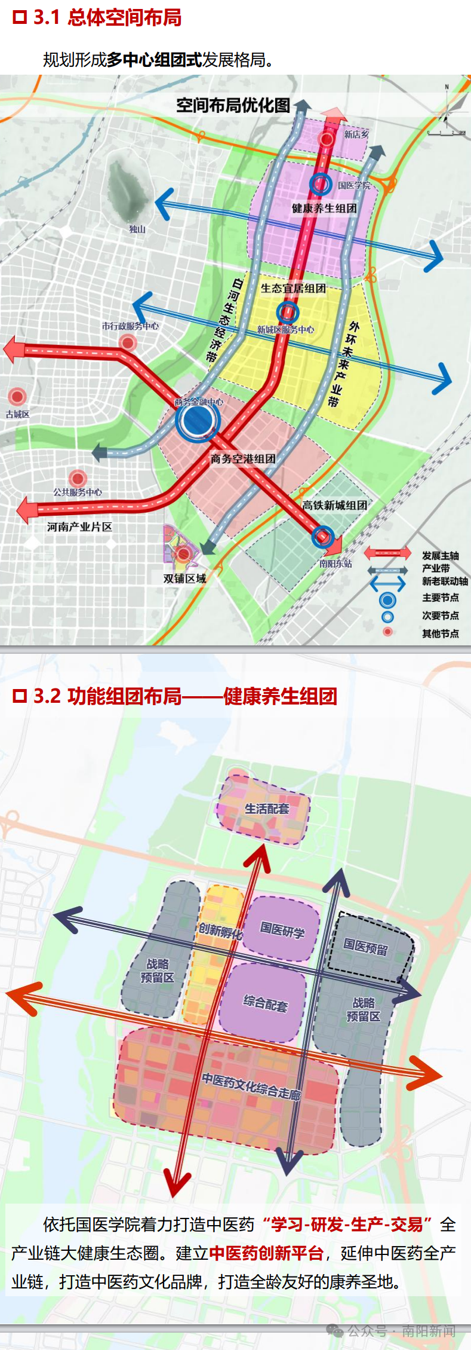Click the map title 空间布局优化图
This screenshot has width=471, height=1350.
tap(233, 106)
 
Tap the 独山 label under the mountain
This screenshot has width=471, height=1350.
tap(137, 229)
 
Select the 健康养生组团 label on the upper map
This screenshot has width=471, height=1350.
tap(324, 209)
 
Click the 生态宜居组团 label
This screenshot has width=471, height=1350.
tap(293, 288)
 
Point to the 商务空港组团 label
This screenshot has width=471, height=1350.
tap(243, 459)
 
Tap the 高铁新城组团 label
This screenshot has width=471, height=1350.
tap(334, 506)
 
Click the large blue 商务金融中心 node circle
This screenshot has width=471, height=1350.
tap(198, 421)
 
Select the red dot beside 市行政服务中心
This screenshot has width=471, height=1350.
tap(128, 343)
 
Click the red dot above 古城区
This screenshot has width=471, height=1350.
tap(17, 396)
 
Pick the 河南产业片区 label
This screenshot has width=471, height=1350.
tap(79, 527)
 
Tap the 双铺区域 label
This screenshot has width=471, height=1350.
tap(184, 578)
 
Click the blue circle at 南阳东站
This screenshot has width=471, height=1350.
tap(323, 536)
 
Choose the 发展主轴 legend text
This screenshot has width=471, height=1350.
tap(441, 556)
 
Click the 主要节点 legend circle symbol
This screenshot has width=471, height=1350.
tap(387, 599)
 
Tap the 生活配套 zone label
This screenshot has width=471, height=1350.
tap(266, 809)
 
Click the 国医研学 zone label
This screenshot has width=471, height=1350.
tap(282, 930)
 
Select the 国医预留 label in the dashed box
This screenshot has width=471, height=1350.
tap(365, 947)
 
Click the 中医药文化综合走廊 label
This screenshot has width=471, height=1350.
tap(251, 1087)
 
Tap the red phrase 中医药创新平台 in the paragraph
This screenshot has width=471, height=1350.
tap(266, 1253)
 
